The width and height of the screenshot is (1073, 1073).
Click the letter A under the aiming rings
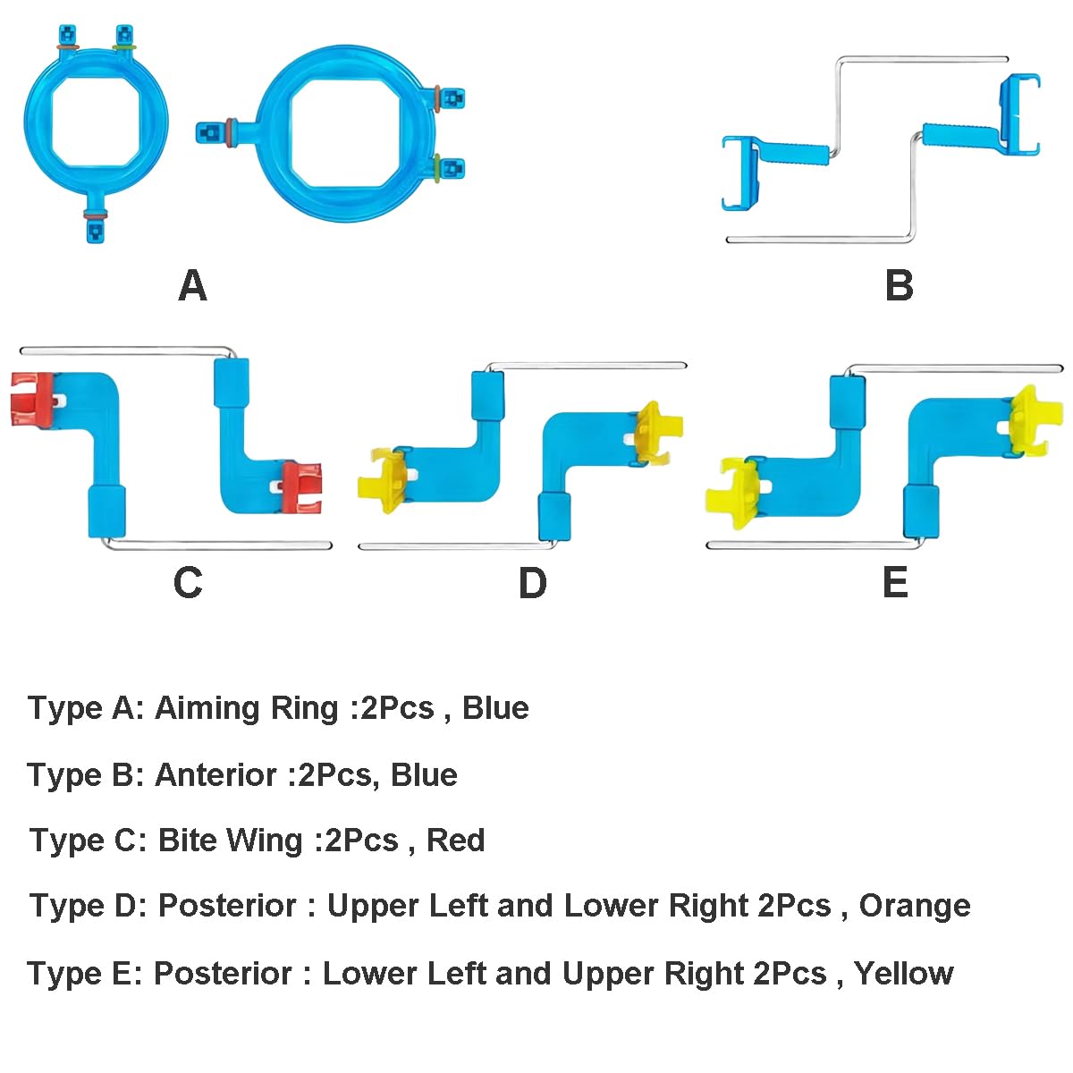click(192, 286)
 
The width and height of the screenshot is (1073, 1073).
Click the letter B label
click(899, 286)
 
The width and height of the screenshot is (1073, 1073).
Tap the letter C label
click(188, 583)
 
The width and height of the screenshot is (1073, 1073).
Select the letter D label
click(532, 583)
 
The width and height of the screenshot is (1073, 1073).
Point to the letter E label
click(895, 583)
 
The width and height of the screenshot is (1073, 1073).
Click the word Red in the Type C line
click(455, 841)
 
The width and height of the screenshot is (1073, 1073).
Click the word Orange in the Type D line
click(914, 906)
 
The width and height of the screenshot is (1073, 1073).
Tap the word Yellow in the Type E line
click(903, 973)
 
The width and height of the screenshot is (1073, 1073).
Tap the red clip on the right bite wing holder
click(301, 487)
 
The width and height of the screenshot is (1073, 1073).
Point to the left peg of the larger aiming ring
click(209, 132)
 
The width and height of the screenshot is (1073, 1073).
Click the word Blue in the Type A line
click(495, 708)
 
